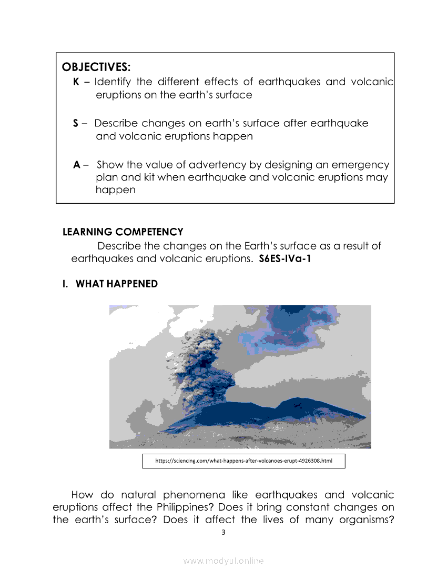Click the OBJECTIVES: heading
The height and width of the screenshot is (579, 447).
point(96,67)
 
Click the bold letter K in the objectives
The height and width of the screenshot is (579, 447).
point(76,82)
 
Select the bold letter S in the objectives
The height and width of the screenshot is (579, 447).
point(76,123)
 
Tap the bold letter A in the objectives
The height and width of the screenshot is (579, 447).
point(77,165)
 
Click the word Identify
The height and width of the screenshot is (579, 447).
point(113,82)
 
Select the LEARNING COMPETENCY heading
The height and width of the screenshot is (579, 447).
point(123,232)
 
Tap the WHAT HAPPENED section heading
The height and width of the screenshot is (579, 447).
point(117,284)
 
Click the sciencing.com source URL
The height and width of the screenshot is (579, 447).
point(244,461)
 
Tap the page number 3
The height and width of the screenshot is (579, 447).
point(223,532)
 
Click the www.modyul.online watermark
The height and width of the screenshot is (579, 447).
point(223,561)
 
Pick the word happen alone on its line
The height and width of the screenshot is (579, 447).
point(116,190)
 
